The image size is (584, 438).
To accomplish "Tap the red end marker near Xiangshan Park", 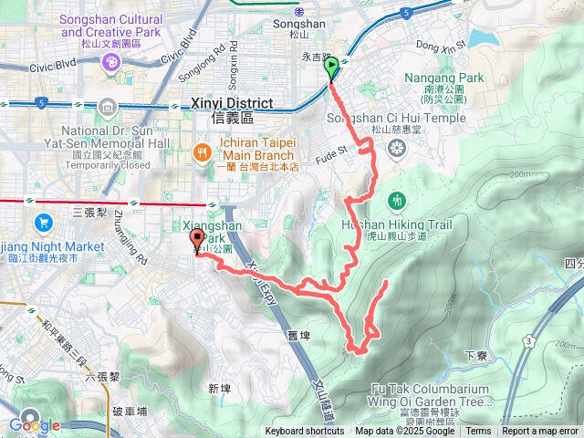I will (x=196, y=241).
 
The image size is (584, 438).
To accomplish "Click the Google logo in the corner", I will (x=34, y=425).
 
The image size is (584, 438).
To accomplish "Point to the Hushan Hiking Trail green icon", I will (x=396, y=200).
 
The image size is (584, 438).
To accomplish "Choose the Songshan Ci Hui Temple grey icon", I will (x=396, y=149).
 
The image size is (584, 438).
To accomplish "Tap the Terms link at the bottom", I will (x=478, y=432).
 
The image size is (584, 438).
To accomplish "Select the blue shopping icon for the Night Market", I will (x=42, y=222).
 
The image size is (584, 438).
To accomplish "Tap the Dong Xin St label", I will (x=441, y=42).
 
